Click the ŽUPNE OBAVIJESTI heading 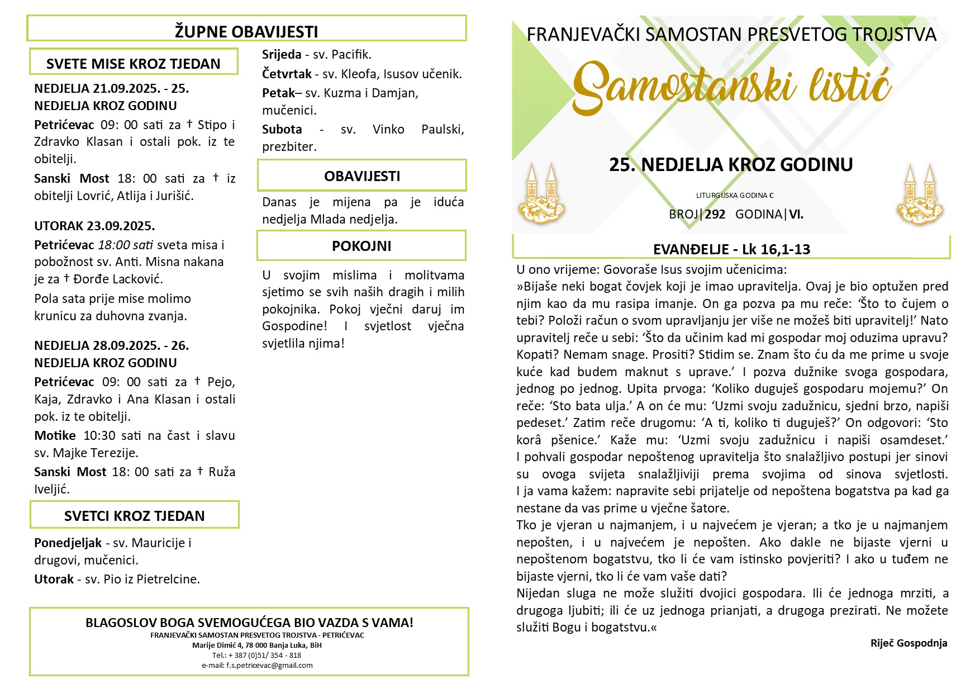[246, 31]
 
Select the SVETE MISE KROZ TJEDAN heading [134, 64]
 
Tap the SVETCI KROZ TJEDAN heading [134, 516]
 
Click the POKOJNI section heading [361, 246]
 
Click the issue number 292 [715, 214]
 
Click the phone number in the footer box [257, 655]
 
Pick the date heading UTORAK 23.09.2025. [94, 226]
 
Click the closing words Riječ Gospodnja [908, 643]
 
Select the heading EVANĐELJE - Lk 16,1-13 [731, 249]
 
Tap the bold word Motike [55, 435]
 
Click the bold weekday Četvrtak [287, 74]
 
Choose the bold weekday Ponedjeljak [68, 543]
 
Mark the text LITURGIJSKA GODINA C [735, 196]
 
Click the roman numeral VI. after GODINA [796, 214]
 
